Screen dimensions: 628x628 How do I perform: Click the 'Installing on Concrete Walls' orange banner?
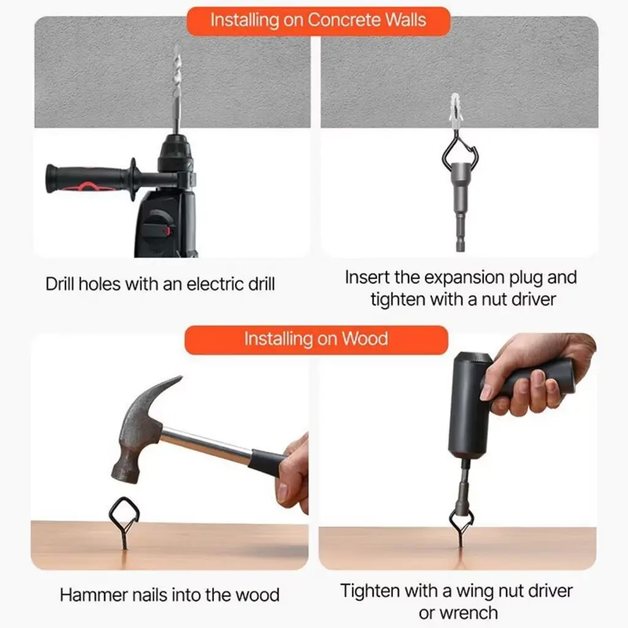pos(318,21)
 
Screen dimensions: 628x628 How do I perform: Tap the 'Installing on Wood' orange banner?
pos(316,340)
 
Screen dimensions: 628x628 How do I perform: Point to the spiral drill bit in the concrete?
pos(176,88)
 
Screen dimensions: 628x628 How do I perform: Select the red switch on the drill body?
pos(167,231)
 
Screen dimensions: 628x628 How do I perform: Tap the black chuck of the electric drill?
pos(175,154)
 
